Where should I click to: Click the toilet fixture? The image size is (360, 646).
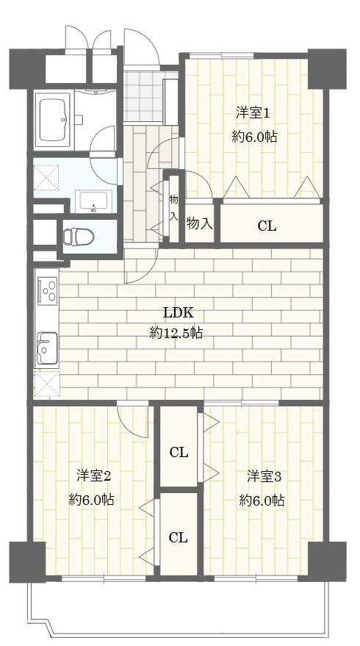point(79,237)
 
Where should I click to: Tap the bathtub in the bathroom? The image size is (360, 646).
point(53,120)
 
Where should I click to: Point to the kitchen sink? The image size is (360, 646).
point(47,348)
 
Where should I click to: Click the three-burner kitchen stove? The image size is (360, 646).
point(47,291)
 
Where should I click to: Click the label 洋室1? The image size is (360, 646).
point(253,113)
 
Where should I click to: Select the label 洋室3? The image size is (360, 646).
point(264,476)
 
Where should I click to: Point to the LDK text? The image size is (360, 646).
point(178,312)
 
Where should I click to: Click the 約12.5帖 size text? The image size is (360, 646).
point(176,333)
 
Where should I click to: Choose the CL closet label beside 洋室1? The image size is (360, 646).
point(267,226)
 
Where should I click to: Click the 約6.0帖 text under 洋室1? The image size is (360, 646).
point(254,137)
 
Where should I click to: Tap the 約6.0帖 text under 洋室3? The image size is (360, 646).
point(262,500)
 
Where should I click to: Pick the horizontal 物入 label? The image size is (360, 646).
point(199,223)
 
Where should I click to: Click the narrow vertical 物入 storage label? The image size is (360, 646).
point(174,209)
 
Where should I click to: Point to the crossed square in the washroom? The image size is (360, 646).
point(46,177)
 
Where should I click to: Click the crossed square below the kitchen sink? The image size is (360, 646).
point(46,384)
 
